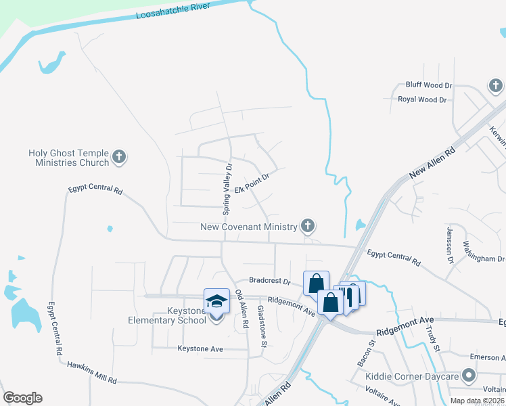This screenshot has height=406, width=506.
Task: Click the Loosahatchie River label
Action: (x=173, y=14)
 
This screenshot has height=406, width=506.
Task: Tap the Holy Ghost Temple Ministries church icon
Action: (x=119, y=158)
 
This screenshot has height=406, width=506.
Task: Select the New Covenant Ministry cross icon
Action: (x=308, y=225)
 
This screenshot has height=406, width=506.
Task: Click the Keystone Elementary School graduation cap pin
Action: (x=216, y=302)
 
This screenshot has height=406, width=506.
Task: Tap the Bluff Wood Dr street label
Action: (x=428, y=86)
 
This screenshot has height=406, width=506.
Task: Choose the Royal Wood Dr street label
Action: (x=423, y=99)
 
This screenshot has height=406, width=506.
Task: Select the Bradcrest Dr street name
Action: (x=269, y=281)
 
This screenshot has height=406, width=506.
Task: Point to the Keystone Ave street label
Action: (x=200, y=349)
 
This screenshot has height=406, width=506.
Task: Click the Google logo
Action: (x=22, y=398)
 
